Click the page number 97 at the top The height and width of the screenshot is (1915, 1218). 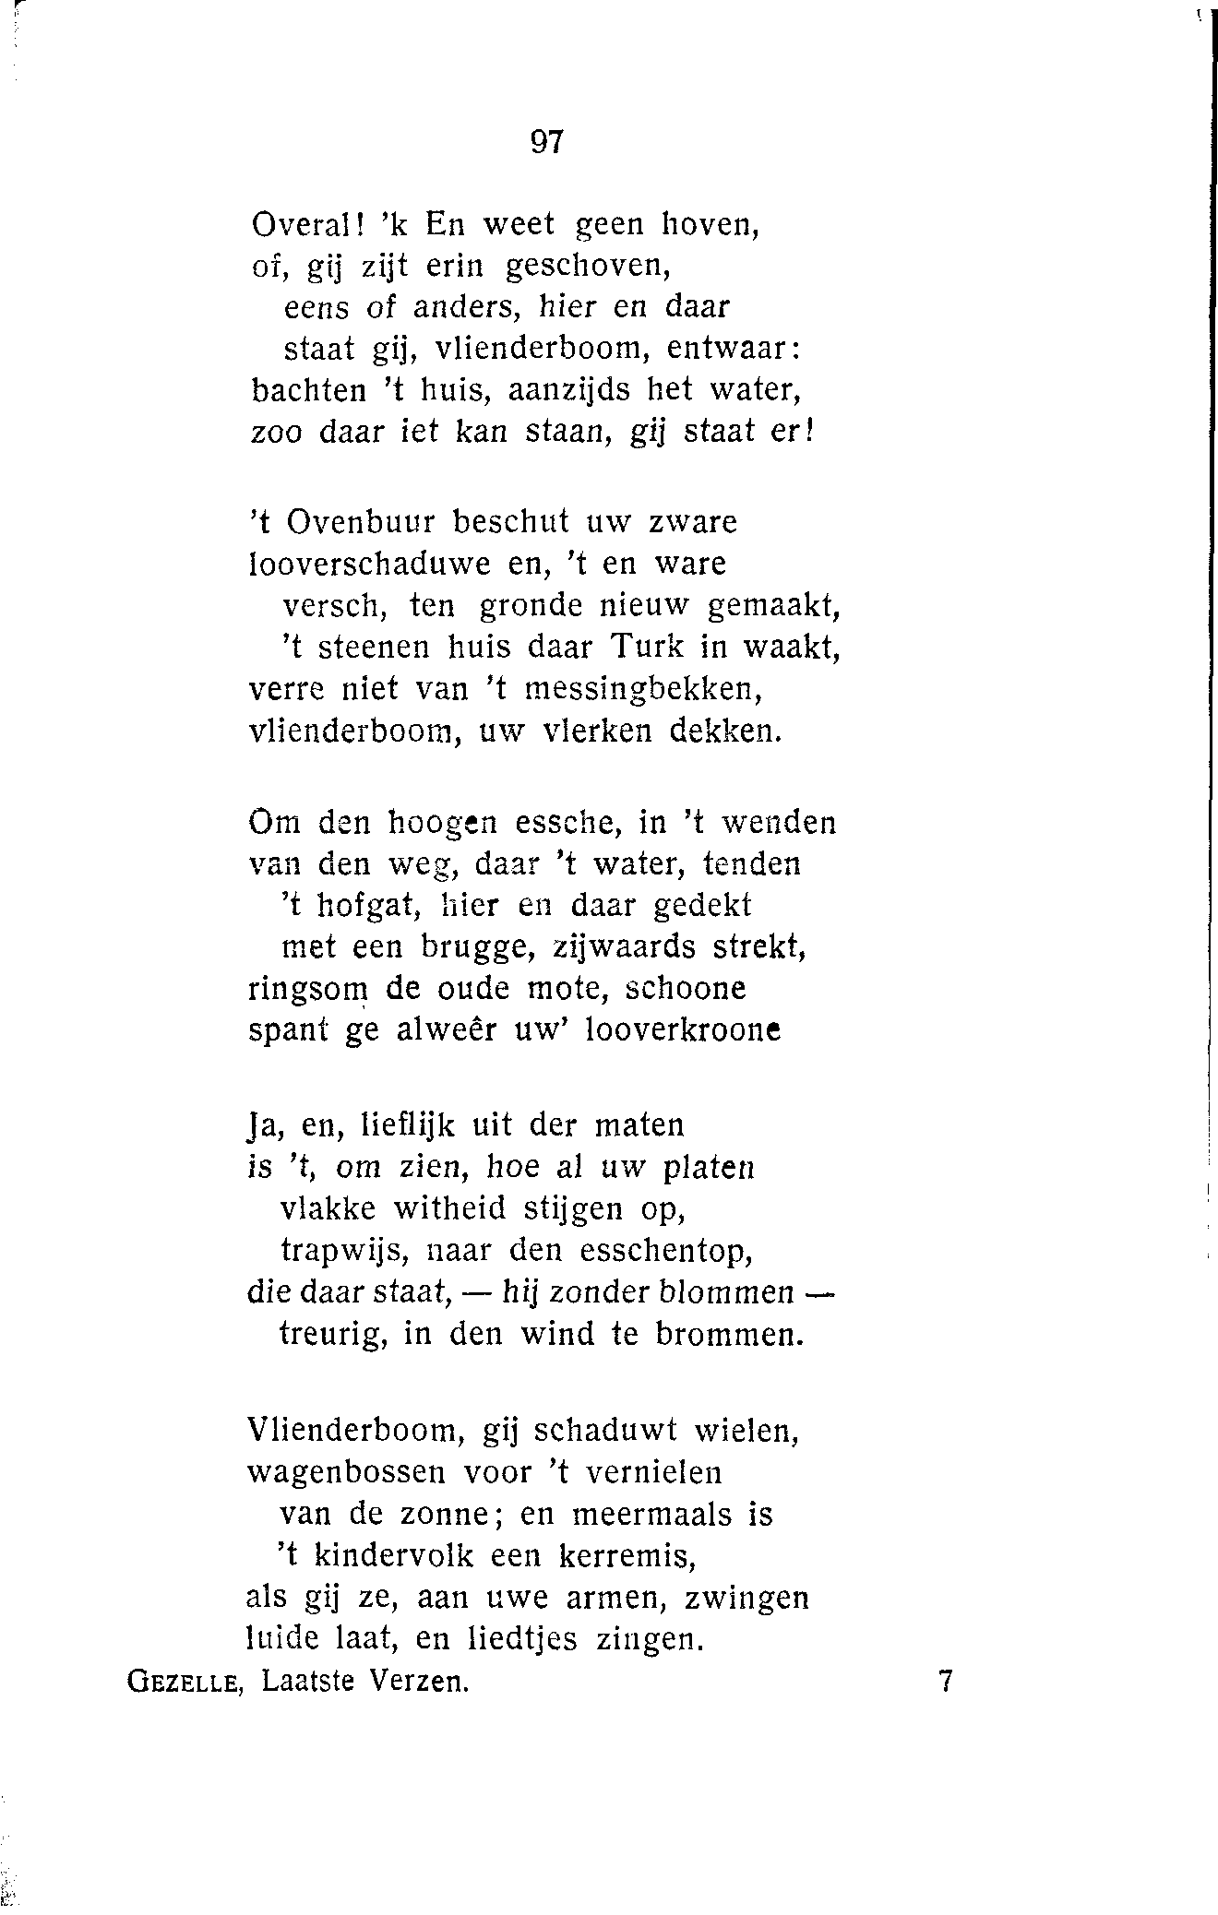click(546, 141)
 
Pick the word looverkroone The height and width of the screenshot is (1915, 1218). click(683, 1029)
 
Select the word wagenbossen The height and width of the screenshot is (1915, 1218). click(346, 1472)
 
